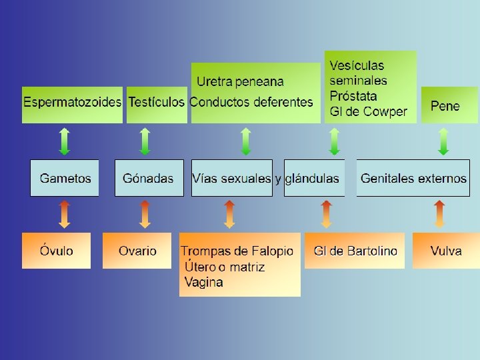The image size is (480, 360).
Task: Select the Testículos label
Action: (x=155, y=103)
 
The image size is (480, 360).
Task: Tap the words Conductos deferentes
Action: (x=251, y=103)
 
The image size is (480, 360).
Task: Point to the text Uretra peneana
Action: (x=239, y=82)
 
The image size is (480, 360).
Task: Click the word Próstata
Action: (x=353, y=96)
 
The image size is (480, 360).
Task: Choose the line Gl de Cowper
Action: (x=368, y=111)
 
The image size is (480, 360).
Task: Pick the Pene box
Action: (x=445, y=105)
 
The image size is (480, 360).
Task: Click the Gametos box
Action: (x=65, y=178)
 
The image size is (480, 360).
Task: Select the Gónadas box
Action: (x=149, y=178)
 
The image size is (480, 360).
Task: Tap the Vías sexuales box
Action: (x=231, y=178)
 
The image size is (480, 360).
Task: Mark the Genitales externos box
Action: (x=413, y=178)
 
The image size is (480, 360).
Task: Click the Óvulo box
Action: (x=56, y=251)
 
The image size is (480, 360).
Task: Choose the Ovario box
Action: (x=137, y=251)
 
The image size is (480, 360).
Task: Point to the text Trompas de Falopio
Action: (x=237, y=251)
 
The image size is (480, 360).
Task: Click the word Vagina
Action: (x=203, y=282)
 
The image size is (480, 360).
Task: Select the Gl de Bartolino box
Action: (x=355, y=251)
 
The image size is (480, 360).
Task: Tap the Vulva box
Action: (x=445, y=251)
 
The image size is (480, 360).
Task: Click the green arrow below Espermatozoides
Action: (x=64, y=141)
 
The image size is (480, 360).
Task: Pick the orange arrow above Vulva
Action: (x=439, y=214)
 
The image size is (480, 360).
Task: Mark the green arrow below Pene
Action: (x=443, y=141)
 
